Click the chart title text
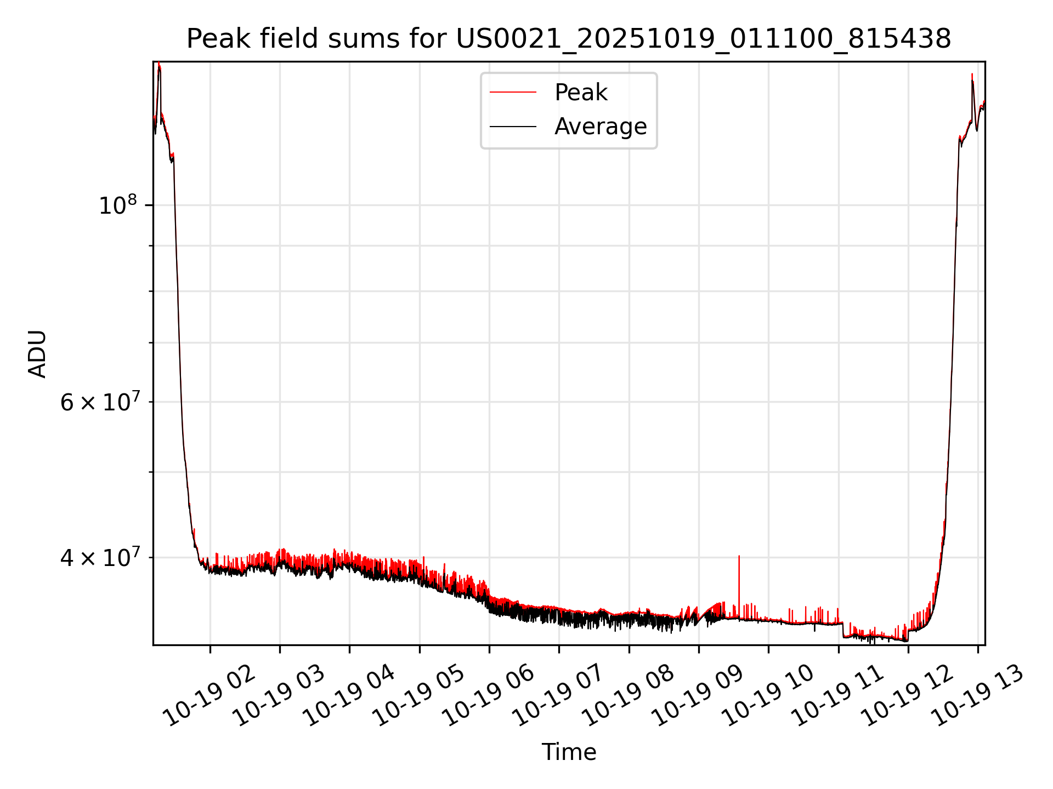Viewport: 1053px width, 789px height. click(569, 39)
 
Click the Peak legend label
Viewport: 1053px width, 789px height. click(581, 93)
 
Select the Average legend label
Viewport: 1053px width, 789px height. click(601, 127)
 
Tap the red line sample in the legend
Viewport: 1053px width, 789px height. click(513, 93)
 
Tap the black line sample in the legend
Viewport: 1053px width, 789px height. click(513, 127)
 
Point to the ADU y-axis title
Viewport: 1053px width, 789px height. click(37, 354)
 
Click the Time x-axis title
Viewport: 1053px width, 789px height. click(569, 752)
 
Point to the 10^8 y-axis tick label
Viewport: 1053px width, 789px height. click(117, 206)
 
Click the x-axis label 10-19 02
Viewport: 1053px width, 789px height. click(211, 696)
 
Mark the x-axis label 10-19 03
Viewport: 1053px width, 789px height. click(281, 696)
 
